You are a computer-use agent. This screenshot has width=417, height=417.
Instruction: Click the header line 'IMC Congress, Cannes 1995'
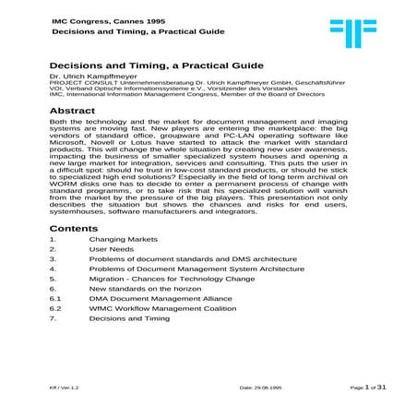tap(93, 18)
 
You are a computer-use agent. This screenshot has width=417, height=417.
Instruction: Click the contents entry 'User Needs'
tap(108, 250)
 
